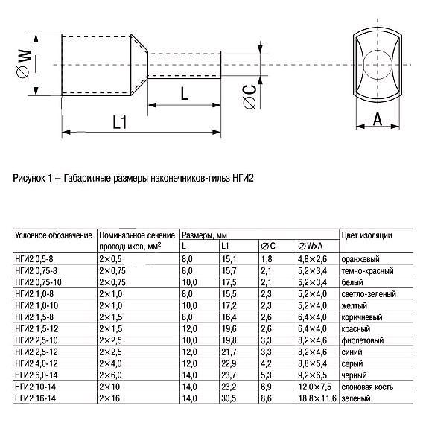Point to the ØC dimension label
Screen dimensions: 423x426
click(249, 95)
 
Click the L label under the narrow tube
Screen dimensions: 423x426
click(185, 94)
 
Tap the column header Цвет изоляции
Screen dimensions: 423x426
click(366, 235)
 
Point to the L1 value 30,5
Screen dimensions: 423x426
click(228, 399)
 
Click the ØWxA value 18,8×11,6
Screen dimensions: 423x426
click(316, 399)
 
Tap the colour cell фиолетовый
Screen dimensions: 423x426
click(363, 340)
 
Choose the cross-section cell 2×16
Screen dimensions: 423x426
click(109, 399)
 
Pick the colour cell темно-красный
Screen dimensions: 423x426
click(366, 270)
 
